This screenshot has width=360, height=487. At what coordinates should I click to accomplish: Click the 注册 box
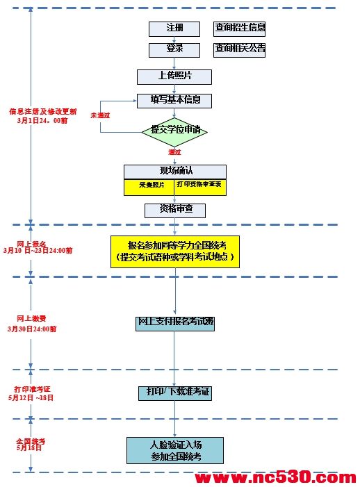(174, 28)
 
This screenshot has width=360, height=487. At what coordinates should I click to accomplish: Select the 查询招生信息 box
(240, 28)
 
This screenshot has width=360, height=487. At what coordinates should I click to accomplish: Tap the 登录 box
(174, 49)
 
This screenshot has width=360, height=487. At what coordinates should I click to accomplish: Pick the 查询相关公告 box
(240, 49)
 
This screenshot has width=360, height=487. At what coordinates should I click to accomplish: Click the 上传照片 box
(174, 76)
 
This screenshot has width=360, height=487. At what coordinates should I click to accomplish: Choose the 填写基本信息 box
(174, 100)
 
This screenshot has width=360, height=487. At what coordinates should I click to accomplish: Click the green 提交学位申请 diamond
(174, 130)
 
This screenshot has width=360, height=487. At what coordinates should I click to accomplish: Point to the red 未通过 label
(100, 113)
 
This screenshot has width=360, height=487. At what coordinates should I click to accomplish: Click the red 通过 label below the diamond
(174, 152)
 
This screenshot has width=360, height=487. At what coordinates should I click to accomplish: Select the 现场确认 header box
(174, 172)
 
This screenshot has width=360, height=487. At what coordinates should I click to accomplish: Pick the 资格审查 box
(174, 209)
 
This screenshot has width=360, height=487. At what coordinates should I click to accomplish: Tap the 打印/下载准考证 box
(174, 393)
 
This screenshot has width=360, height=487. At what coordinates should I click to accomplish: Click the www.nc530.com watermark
(275, 478)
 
